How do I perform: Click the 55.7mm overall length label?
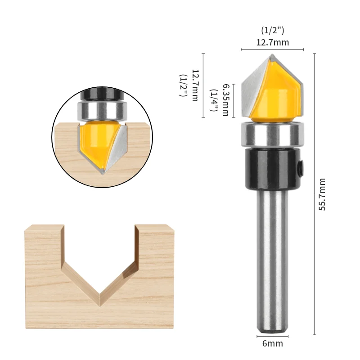[x=322, y=194]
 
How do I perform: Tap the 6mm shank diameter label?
[x=272, y=343]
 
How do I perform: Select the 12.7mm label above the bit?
[x=272, y=43]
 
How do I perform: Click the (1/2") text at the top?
[x=273, y=31]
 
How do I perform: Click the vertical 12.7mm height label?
[x=195, y=85]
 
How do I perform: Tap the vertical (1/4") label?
[x=214, y=100]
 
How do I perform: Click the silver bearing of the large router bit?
[x=272, y=134]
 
